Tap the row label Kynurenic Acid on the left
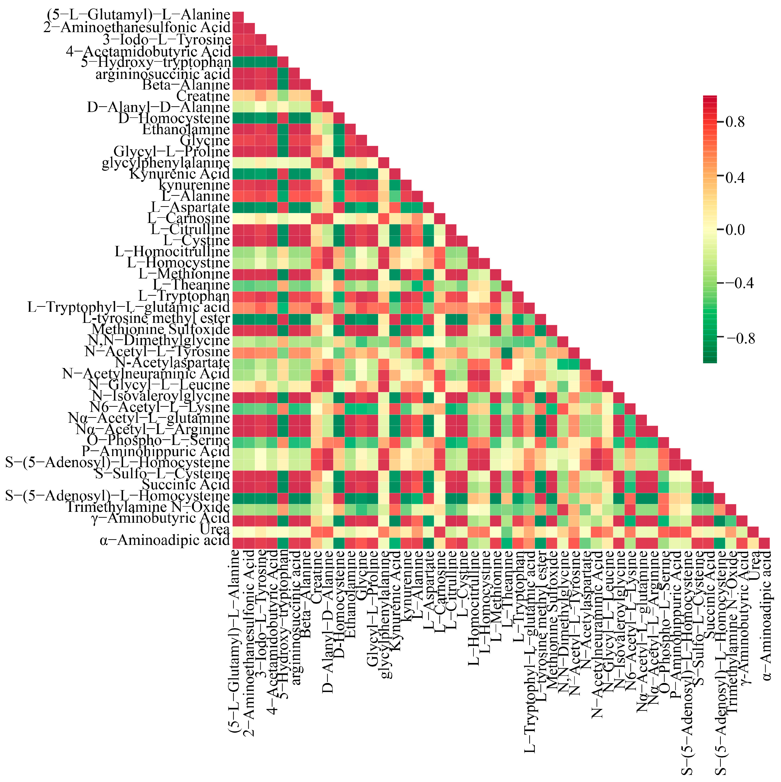click(180, 174)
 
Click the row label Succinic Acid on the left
click(186, 484)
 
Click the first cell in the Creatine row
click(238, 95)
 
